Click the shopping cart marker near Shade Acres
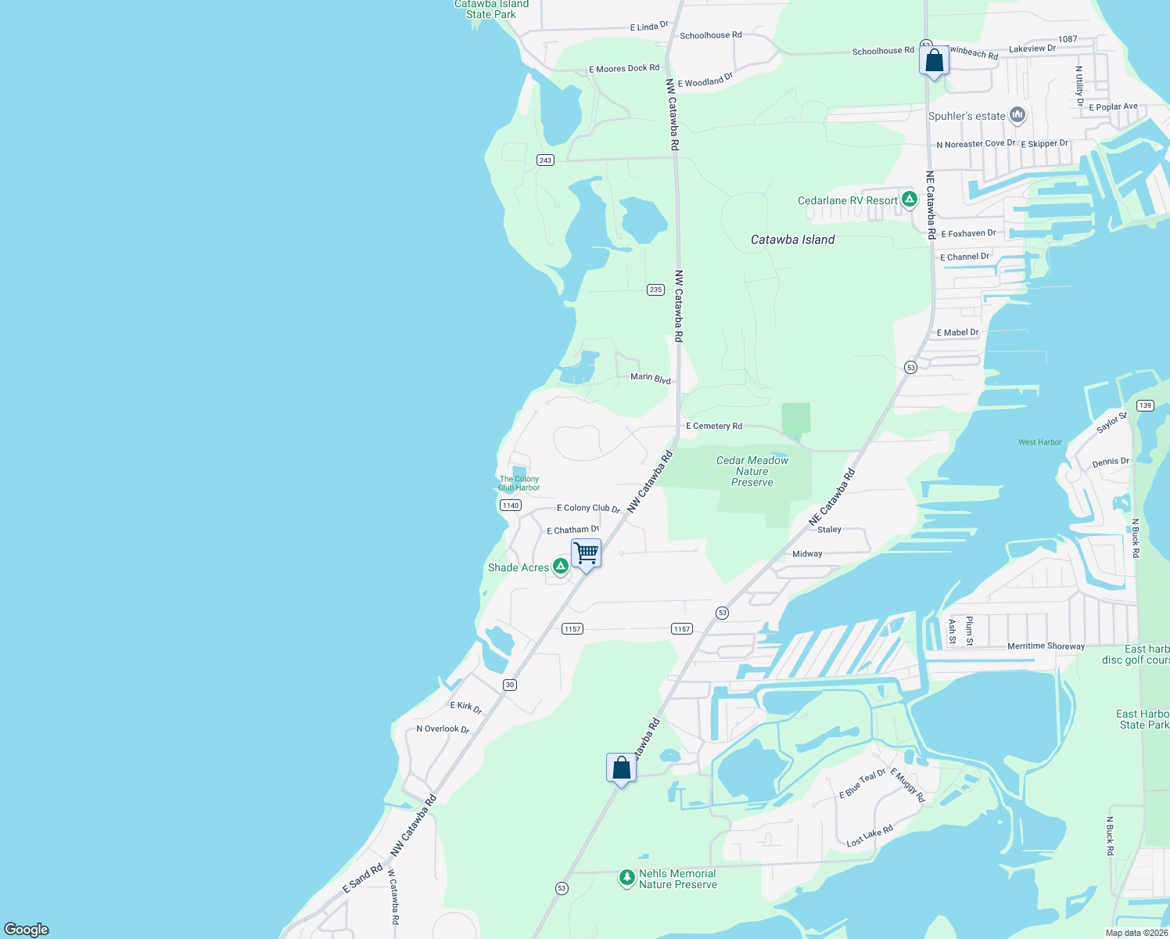[x=586, y=554]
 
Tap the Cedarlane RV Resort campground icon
[x=909, y=200]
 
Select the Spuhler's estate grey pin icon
[x=1017, y=116]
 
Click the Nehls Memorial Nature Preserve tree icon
[x=626, y=878]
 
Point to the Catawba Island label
[x=792, y=239]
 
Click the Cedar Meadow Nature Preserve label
[x=752, y=471]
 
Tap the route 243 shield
[x=545, y=160]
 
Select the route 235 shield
[x=655, y=290]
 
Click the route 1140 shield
[x=510, y=505]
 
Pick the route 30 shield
[x=510, y=685]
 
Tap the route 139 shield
[x=1145, y=405]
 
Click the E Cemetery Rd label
[x=714, y=426]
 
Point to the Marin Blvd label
[x=651, y=379]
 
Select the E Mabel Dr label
[x=957, y=333]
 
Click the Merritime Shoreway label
[x=1046, y=646]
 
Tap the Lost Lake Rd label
[x=870, y=836]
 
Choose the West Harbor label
[x=1039, y=442]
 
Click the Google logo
[x=27, y=929]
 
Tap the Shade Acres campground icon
[x=560, y=566]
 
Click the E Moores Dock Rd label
[x=623, y=69]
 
